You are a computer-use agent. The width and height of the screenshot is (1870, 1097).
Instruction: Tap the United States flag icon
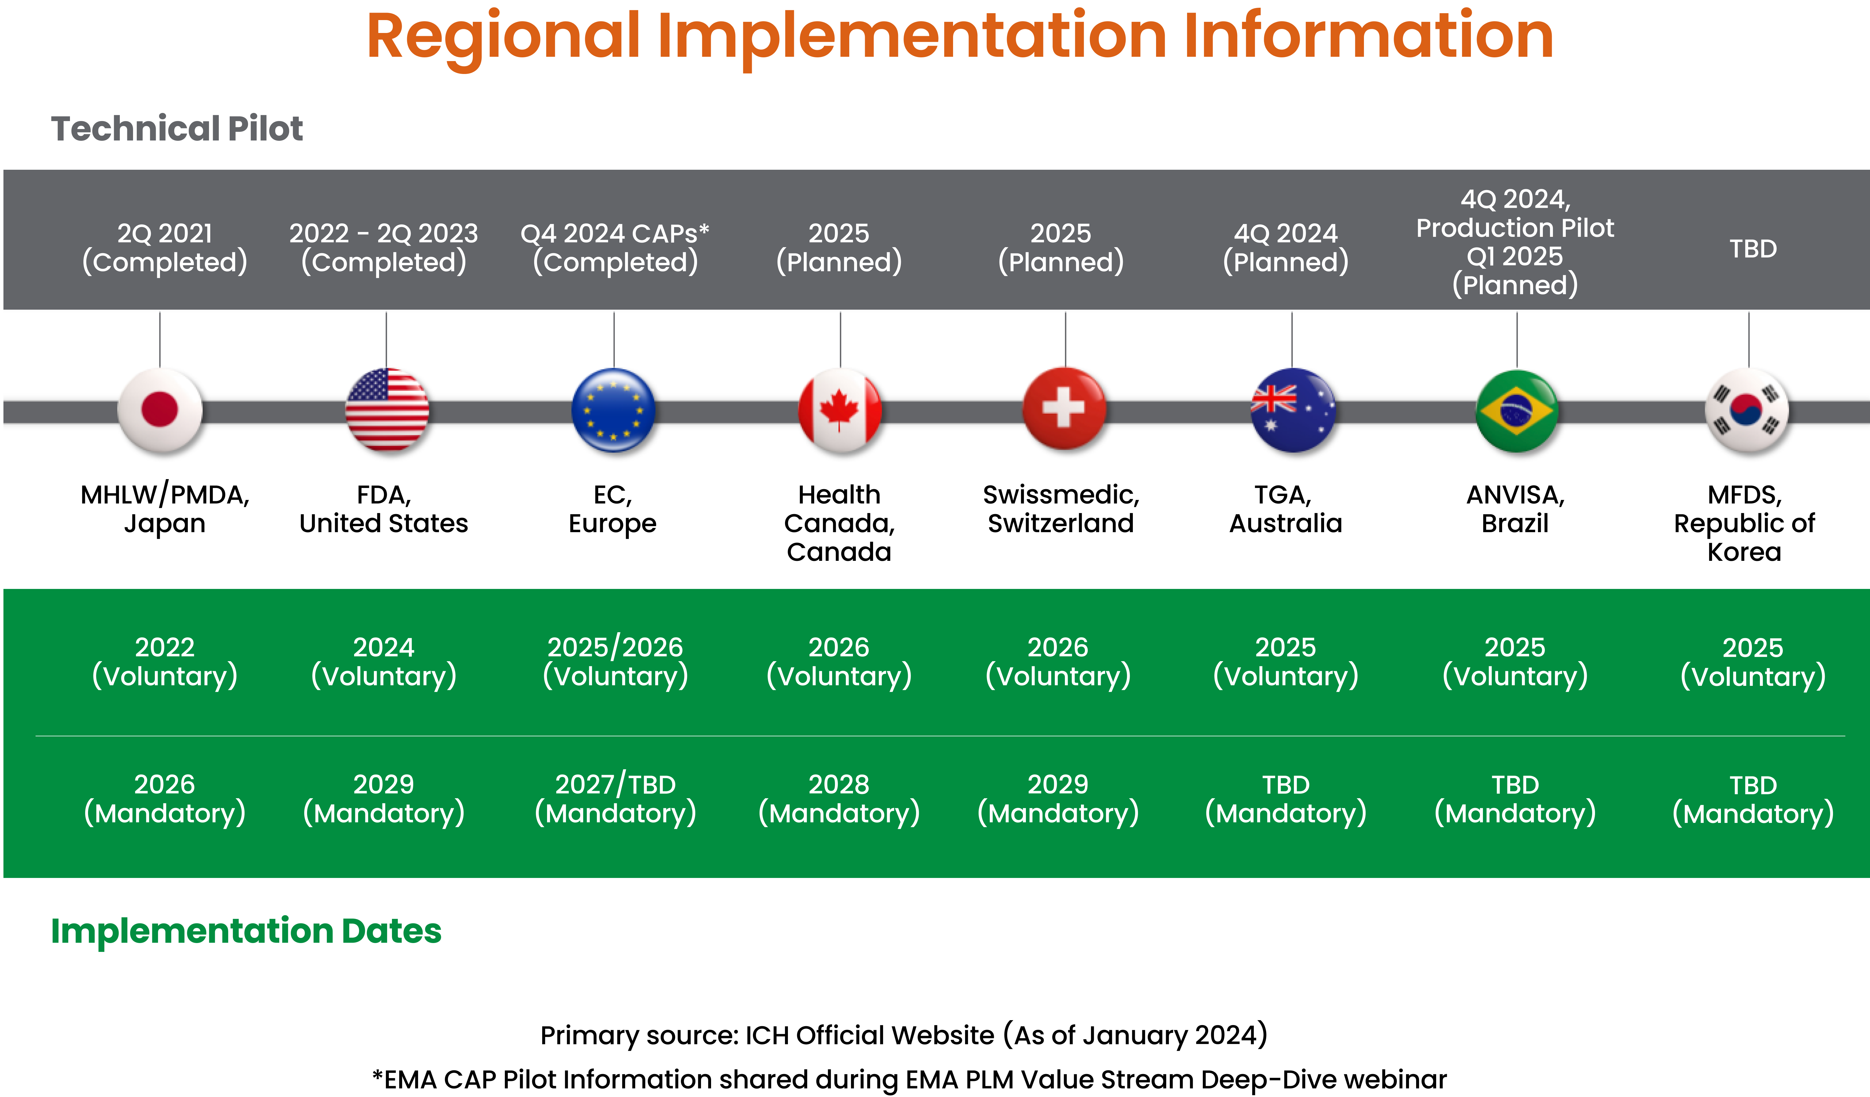(387, 410)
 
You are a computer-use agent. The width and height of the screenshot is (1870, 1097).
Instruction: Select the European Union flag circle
(614, 410)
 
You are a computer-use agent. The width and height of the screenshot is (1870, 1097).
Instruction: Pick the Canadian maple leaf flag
(840, 410)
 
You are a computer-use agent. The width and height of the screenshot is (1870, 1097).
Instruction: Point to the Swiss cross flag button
(1065, 410)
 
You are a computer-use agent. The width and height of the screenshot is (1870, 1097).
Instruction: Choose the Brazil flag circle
(1517, 410)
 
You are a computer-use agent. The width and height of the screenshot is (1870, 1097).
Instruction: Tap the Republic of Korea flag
(1748, 410)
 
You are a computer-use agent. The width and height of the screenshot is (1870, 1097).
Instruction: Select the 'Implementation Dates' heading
(246, 931)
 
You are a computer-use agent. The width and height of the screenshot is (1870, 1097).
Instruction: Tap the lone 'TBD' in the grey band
(1753, 249)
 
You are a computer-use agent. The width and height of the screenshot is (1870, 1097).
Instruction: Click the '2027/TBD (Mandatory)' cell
(615, 799)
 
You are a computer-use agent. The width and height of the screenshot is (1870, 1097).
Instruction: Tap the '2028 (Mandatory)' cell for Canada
(839, 799)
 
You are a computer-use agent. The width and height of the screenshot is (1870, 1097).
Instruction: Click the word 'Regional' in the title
(503, 37)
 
